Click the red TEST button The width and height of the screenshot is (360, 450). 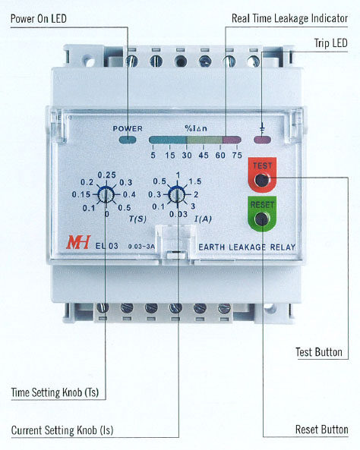tap(262, 175)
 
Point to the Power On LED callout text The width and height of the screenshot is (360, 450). tap(39, 19)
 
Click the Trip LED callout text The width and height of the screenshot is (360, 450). tap(330, 43)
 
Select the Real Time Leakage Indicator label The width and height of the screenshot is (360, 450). tap(289, 18)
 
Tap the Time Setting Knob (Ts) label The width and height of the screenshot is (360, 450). tap(55, 392)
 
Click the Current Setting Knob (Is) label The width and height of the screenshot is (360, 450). tap(62, 430)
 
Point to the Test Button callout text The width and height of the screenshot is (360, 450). tap(319, 352)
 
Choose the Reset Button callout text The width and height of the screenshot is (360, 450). tap(322, 430)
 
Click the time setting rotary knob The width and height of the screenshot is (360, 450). tap(106, 195)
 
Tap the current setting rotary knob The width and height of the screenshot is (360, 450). tap(176, 195)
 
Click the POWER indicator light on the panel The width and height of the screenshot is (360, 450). tap(128, 140)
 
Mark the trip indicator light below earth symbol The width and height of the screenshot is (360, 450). tap(262, 140)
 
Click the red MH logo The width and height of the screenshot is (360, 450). tap(78, 242)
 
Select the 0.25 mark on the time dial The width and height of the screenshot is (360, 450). tap(106, 175)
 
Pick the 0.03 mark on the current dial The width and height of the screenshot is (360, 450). tap(178, 214)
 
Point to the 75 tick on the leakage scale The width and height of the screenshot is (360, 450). tap(237, 156)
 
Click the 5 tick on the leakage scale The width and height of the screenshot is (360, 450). tap(153, 156)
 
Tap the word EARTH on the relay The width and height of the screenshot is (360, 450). tap(212, 247)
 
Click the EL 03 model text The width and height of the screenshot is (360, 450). tap(106, 246)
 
